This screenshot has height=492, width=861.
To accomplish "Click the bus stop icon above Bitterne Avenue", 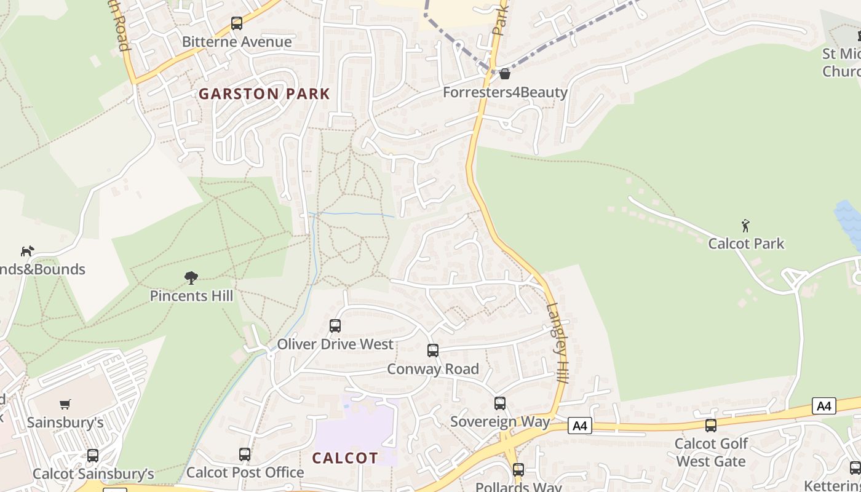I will (x=237, y=23).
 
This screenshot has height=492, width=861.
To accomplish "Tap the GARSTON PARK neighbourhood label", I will (x=264, y=94).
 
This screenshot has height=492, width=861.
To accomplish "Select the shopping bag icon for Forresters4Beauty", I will (x=505, y=74).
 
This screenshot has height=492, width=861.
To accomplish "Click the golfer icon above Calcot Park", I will (x=745, y=226).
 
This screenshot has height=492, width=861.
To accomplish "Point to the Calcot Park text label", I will (x=746, y=244).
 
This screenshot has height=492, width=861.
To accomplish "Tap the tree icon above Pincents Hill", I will (x=191, y=278).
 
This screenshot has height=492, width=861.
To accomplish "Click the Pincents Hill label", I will (x=191, y=296).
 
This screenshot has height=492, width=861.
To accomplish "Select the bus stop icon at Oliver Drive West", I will (x=335, y=326).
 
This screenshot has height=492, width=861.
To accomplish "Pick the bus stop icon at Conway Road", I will (x=433, y=351).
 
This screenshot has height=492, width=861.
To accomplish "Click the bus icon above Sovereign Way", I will (x=500, y=403).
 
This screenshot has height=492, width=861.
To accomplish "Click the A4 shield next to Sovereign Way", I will (x=579, y=426).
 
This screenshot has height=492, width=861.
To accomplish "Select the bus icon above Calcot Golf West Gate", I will (x=711, y=425).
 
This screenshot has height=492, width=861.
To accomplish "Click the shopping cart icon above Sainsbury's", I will (x=65, y=404).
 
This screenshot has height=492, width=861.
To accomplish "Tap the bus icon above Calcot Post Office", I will (x=245, y=454).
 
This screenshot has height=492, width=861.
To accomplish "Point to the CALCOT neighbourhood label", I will (x=345, y=458).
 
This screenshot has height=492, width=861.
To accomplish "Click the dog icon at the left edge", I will (x=27, y=251).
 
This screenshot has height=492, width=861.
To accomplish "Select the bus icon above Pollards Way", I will (x=518, y=470).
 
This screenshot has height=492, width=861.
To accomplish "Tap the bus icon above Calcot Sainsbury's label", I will (x=93, y=456).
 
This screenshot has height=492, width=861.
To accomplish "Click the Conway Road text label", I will (x=433, y=369).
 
